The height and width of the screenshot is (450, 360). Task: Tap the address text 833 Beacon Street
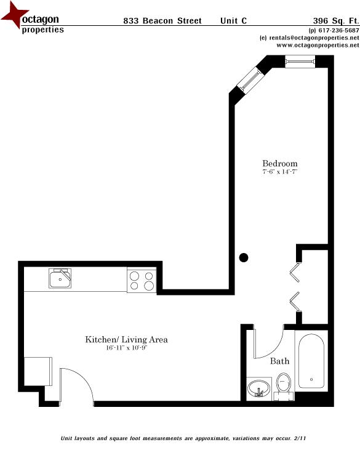[162, 20]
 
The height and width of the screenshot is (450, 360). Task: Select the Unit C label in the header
[234, 20]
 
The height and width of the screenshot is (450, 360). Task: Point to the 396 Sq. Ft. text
[336, 20]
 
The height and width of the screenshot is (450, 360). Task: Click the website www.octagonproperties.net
[318, 46]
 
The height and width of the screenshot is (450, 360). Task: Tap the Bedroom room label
[280, 163]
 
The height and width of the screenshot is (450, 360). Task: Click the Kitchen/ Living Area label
[126, 340]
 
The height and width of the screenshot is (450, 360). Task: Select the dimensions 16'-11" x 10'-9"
[126, 348]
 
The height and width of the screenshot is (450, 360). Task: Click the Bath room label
[279, 361]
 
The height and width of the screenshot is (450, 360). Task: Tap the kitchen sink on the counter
[60, 279]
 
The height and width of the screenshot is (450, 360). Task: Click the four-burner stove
[142, 281]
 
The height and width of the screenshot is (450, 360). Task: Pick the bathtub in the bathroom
[313, 362]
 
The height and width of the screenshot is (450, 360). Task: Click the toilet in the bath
[283, 382]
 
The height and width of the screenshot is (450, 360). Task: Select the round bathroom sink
[258, 388]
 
